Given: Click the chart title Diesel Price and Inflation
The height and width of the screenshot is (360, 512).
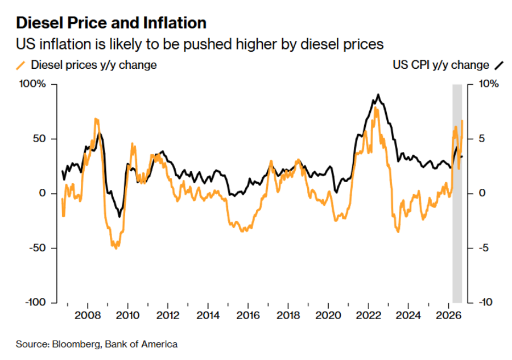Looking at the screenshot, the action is click(x=112, y=23).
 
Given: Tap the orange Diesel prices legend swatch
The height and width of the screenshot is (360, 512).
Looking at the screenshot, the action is click(x=20, y=65).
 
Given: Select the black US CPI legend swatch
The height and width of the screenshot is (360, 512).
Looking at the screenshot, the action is click(x=499, y=65).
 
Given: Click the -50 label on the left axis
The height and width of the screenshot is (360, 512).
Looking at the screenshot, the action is click(x=38, y=248).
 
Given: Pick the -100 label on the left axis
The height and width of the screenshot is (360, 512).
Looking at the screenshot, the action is click(x=36, y=302).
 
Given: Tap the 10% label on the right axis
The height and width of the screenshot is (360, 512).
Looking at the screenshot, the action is click(x=489, y=84).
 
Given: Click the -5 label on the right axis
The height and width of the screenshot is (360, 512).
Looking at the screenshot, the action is click(x=484, y=248).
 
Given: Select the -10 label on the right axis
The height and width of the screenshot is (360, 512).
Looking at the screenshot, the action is click(x=486, y=302).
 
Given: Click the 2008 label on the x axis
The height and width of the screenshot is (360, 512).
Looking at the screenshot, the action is click(x=88, y=316).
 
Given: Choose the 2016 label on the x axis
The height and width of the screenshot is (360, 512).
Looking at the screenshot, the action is click(x=248, y=316).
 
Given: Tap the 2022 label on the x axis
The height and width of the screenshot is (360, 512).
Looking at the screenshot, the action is click(x=368, y=316).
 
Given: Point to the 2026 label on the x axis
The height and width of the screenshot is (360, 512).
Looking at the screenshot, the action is click(x=449, y=316).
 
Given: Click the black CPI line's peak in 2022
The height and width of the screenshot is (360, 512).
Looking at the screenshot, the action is click(x=378, y=94).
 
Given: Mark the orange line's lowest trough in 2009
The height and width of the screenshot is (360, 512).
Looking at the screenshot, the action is click(x=116, y=248).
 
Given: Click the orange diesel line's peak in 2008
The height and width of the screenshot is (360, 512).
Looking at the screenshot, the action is click(x=96, y=119).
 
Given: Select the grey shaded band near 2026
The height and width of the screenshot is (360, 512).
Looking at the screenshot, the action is click(x=457, y=193).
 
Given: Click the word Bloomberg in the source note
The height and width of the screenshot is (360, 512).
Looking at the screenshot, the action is click(x=76, y=344).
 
